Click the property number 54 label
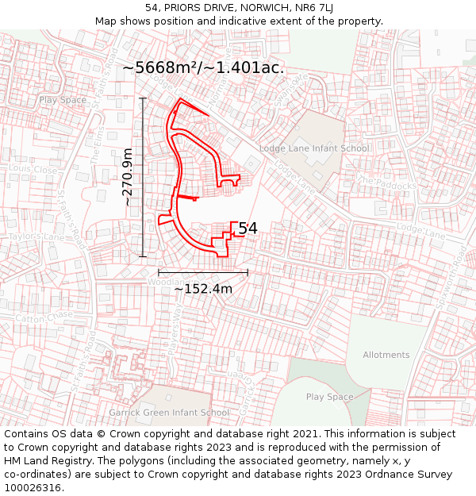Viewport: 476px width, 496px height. tap(248, 229)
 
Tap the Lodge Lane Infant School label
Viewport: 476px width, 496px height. tap(313, 148)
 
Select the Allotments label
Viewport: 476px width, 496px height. tap(386, 355)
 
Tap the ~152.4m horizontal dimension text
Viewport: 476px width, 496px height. tap(203, 289)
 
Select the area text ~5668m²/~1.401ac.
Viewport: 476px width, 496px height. tap(203, 68)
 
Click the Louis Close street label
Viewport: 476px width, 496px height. tap(33, 169)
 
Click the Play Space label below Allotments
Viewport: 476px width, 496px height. tap(329, 397)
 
